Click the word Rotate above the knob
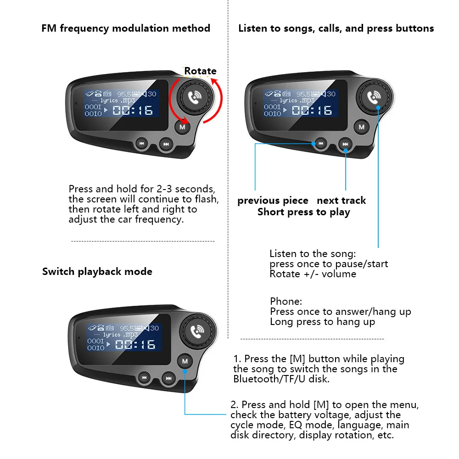(200, 71)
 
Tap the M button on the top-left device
(183, 127)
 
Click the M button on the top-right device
(362, 127)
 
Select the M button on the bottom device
(185, 361)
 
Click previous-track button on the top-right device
(321, 144)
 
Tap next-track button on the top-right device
(346, 145)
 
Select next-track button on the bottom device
(169, 379)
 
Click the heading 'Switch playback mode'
(97, 271)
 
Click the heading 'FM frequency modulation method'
(126, 28)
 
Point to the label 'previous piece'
(273, 201)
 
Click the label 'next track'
(341, 201)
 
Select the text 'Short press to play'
(303, 212)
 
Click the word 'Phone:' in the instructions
(286, 302)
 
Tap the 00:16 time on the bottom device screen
(135, 344)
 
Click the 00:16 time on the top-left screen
(133, 110)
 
